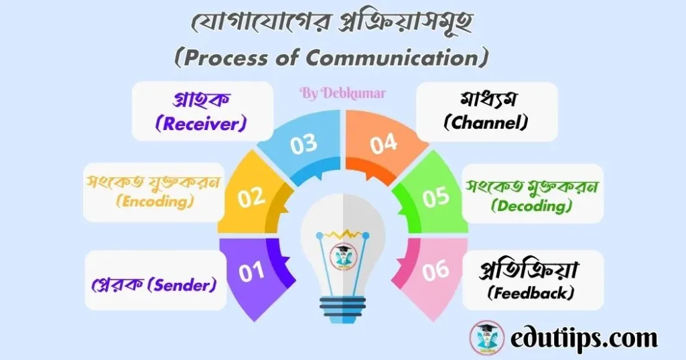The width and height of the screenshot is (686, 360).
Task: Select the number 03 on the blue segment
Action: [303, 144]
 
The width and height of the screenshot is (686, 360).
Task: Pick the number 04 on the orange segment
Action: [383, 144]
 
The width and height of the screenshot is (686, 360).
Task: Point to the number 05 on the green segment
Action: [436, 198]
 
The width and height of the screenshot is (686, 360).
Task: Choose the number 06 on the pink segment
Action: [435, 271]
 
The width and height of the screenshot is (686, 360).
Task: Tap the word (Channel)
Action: [487, 123]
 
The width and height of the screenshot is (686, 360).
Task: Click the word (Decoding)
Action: [531, 206]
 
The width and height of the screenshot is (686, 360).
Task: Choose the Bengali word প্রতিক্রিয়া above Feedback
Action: [531, 272]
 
